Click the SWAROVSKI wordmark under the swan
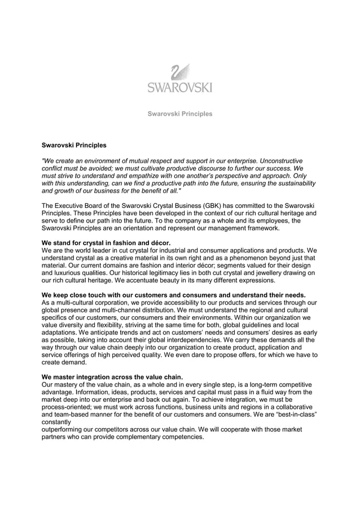180,87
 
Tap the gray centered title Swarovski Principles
180,114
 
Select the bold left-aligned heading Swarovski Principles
74,146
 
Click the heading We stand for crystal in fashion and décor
106,243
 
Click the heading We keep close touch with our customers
174,295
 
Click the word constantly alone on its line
56,421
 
